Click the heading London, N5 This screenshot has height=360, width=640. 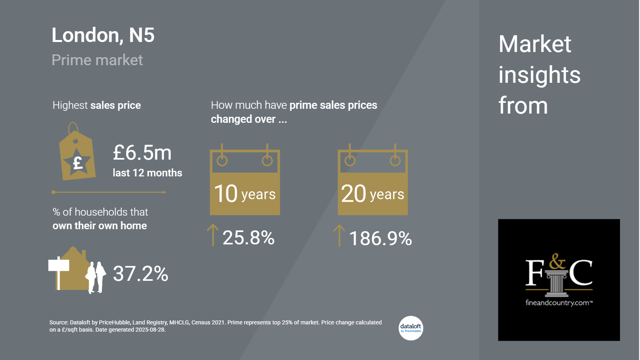pos(103,35)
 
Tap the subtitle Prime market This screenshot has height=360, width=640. pos(97,60)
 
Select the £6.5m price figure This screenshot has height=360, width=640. pos(142,153)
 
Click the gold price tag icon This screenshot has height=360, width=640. pos(77,154)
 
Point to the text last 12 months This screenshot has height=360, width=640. pos(147,173)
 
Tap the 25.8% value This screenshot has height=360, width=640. pos(248,238)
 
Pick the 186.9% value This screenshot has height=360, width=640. pos(380,238)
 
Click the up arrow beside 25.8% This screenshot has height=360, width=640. pos(213,235)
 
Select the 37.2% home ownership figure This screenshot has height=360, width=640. pos(140,274)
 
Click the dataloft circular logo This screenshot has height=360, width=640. pos(411,328)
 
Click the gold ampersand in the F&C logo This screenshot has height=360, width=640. pos(557,262)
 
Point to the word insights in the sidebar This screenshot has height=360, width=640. pos(539,75)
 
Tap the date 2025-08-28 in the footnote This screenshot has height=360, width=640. pos(150,330)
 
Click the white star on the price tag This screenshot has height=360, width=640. pos(78,162)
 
